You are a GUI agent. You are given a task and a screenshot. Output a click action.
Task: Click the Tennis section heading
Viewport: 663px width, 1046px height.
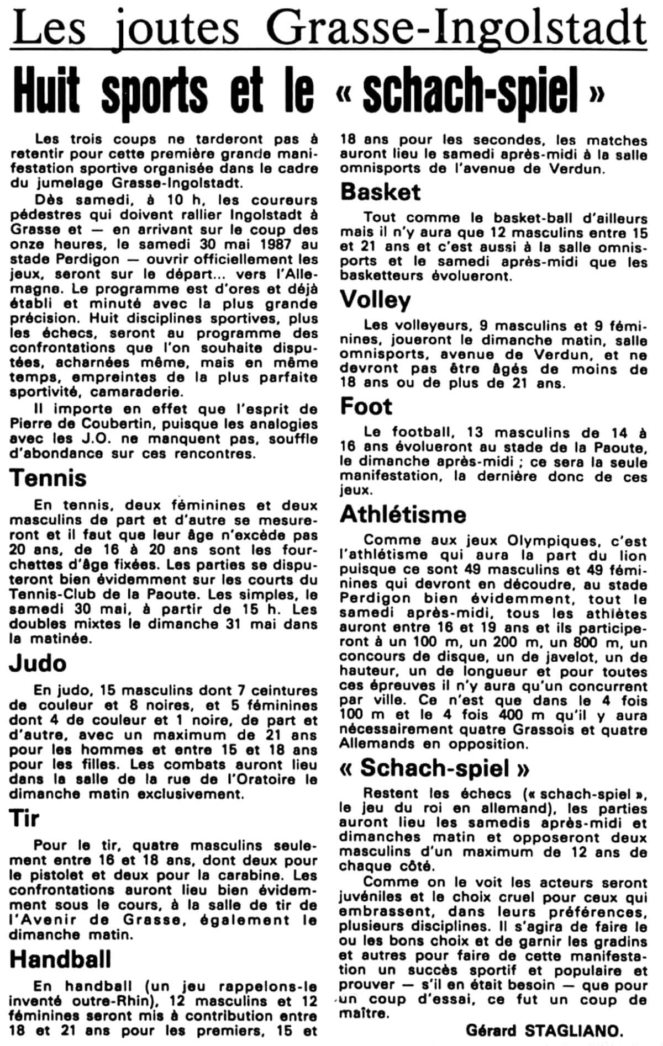pos(48,478)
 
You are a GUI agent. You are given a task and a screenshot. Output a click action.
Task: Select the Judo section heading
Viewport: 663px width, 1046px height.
pos(38,663)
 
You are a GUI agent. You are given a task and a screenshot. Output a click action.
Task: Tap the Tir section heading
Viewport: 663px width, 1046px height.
pos(24,818)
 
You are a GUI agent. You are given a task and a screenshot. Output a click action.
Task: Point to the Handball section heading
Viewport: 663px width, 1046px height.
pos(60,959)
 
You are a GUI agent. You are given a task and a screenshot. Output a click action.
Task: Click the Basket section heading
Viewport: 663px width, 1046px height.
pos(380,192)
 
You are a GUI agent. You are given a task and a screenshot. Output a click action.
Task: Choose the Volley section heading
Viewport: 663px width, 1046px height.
pos(375,300)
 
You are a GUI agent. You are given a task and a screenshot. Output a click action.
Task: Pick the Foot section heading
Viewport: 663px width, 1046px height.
pos(366,406)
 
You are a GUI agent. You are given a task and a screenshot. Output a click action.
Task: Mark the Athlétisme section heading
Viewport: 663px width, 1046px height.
pos(403,514)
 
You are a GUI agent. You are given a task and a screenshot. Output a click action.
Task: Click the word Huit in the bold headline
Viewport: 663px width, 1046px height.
pos(46,89)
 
